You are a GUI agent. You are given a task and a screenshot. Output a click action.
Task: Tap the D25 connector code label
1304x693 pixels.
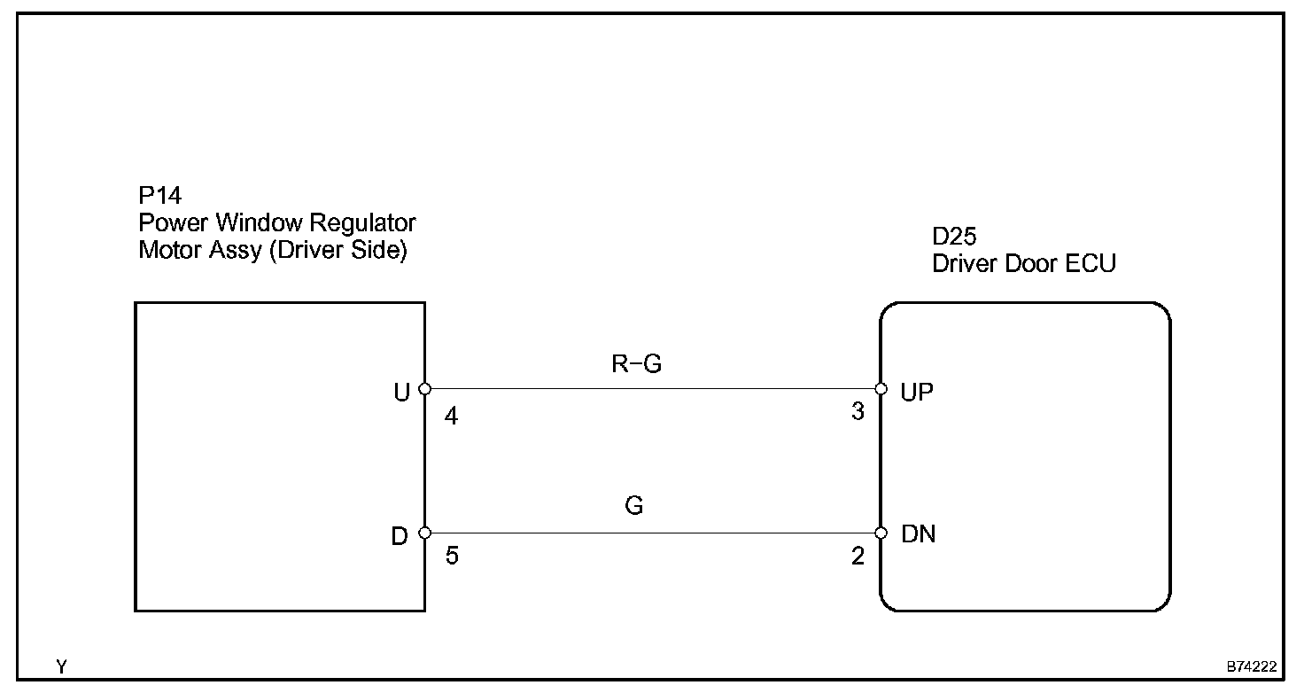coord(954,237)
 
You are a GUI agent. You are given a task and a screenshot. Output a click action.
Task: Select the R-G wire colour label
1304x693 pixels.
coord(636,365)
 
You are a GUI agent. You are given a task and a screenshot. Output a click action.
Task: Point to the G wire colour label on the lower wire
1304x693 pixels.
coord(633,506)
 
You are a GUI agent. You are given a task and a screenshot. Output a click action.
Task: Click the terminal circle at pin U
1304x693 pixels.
coord(425,389)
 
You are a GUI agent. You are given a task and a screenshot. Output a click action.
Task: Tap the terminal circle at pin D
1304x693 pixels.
coord(425,533)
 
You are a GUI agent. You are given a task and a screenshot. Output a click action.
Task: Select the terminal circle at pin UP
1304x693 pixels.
coord(881,389)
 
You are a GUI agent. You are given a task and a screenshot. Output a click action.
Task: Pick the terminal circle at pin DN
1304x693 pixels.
coord(881,533)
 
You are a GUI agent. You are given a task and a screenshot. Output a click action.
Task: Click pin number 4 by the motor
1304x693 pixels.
coord(452,416)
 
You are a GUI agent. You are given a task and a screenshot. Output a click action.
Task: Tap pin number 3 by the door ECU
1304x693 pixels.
coord(857,413)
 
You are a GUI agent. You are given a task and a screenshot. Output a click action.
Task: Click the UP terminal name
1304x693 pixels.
coord(917,392)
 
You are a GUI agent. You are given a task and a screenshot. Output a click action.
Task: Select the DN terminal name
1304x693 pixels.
coord(918,534)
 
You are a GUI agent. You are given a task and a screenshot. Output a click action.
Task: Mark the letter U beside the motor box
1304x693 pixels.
coord(402,392)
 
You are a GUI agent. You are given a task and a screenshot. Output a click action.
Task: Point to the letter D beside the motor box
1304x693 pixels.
coord(401,535)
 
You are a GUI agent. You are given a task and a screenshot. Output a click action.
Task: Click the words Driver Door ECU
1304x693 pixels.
coord(1024,263)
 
